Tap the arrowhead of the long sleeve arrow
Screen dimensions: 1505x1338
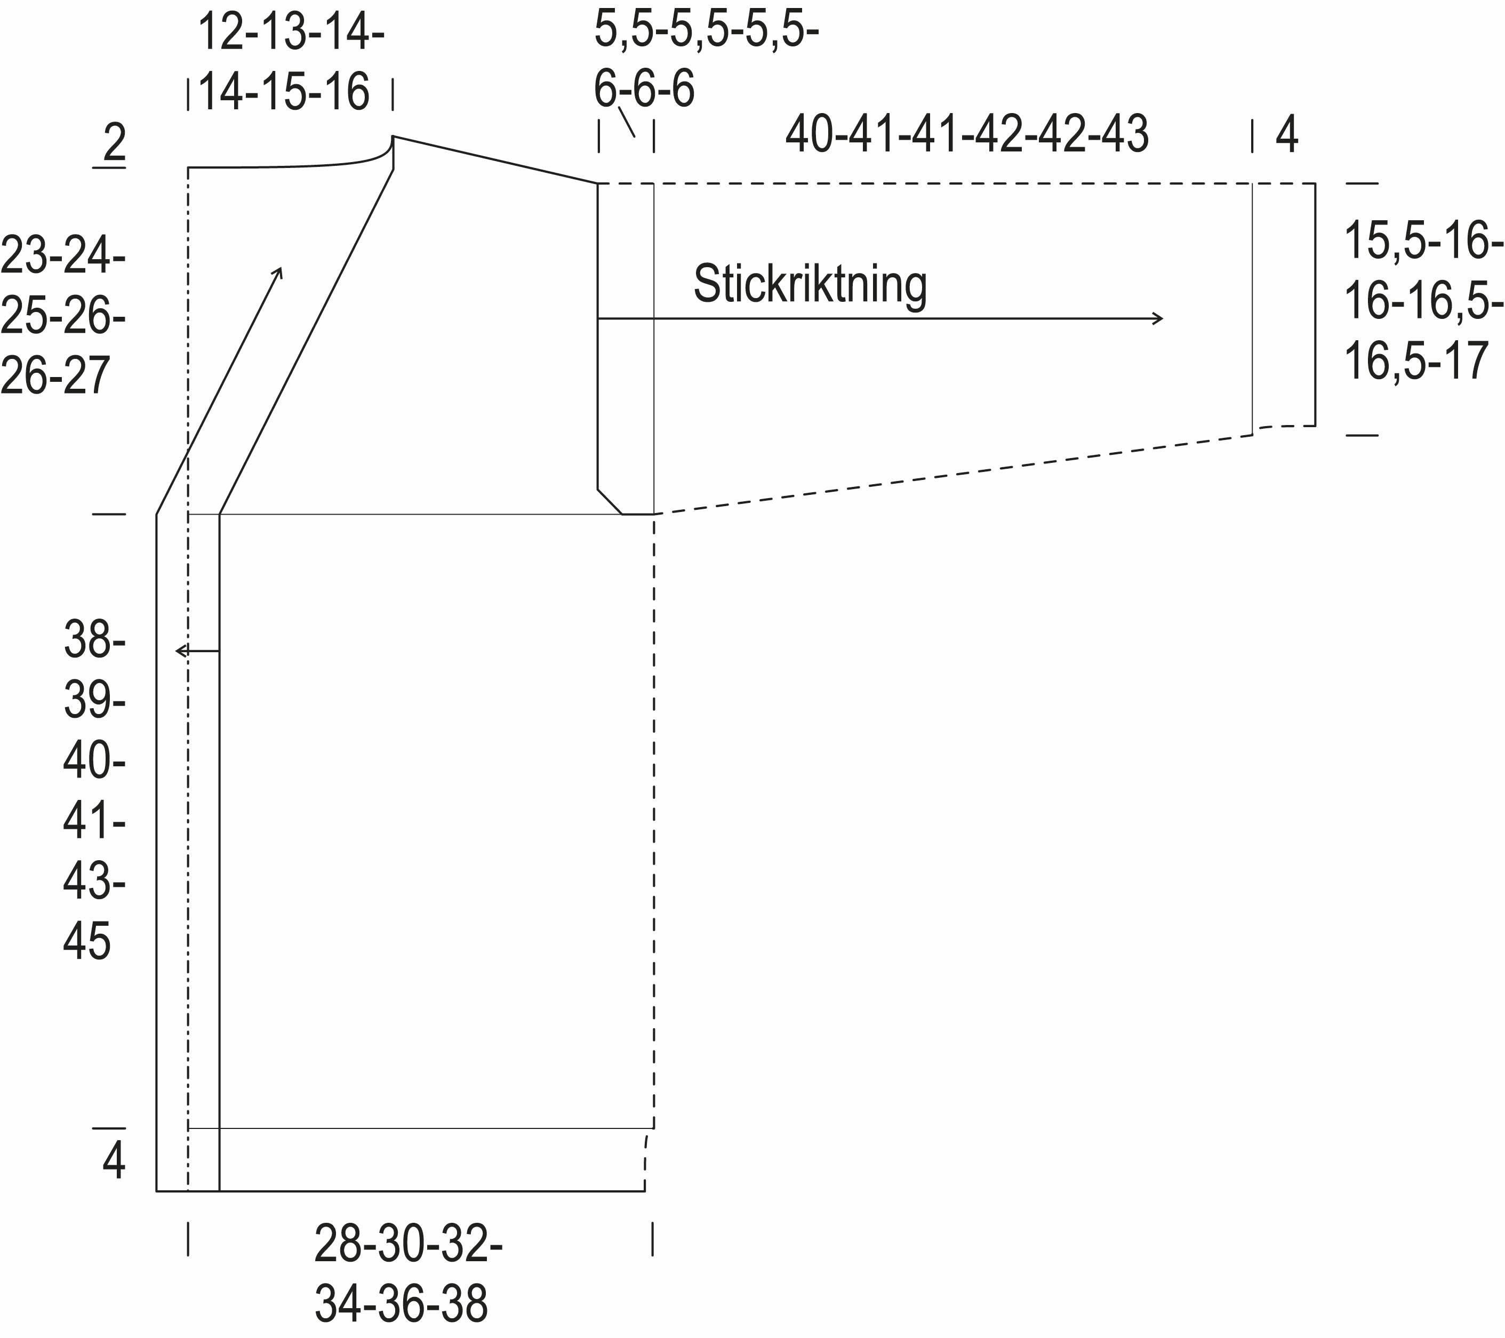tap(1158, 318)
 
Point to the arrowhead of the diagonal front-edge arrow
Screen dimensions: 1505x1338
tap(278, 271)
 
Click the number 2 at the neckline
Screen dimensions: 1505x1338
tap(114, 143)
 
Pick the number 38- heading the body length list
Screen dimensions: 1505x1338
tap(94, 639)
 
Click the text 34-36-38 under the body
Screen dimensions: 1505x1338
tap(401, 1303)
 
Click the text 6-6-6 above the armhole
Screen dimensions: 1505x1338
tap(644, 89)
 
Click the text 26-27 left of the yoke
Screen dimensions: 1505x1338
tap(55, 375)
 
